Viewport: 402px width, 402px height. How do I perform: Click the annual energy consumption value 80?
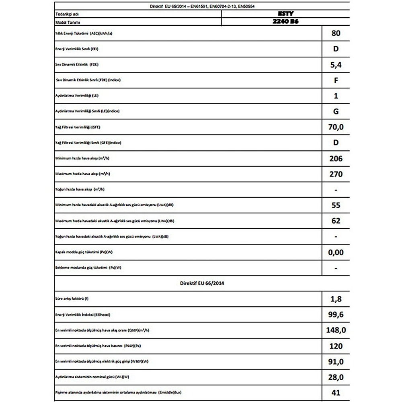pyautogui.click(x=336, y=33)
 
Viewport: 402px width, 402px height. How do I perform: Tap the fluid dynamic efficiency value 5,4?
pyautogui.click(x=336, y=65)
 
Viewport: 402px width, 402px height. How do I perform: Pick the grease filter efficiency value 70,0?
pyautogui.click(x=336, y=127)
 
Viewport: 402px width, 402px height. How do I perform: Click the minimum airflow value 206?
pyautogui.click(x=336, y=159)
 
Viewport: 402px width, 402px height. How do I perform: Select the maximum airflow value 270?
pyautogui.click(x=336, y=174)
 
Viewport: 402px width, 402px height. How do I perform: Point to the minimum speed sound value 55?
pyautogui.click(x=336, y=205)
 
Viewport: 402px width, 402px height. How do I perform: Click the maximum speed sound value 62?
pyautogui.click(x=336, y=221)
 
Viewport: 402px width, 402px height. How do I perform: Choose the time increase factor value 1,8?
pyautogui.click(x=336, y=299)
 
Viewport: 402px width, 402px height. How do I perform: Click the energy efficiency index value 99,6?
pyautogui.click(x=336, y=315)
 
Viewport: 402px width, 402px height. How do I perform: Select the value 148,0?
pyautogui.click(x=336, y=330)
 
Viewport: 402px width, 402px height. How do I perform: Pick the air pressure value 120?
pyautogui.click(x=336, y=346)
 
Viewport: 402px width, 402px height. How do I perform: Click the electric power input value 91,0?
pyautogui.click(x=336, y=362)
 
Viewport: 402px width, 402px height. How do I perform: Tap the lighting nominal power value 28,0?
pyautogui.click(x=336, y=377)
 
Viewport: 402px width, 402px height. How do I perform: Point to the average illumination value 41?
pyautogui.click(x=336, y=392)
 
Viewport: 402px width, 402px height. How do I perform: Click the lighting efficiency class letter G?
pyautogui.click(x=336, y=111)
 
